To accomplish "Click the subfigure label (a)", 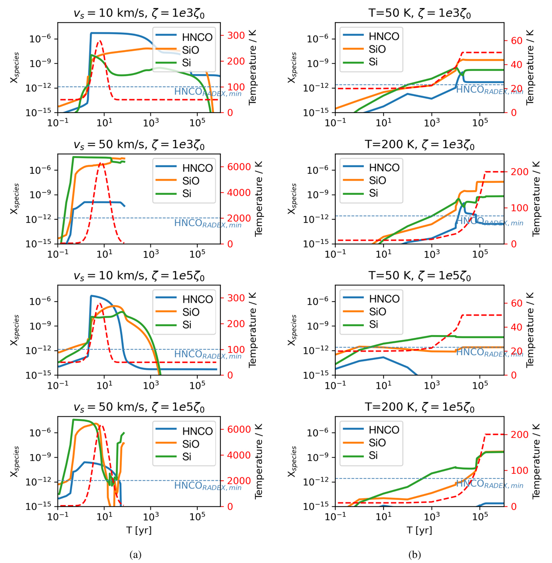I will point(135,555).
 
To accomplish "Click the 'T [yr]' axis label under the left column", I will point(139,530).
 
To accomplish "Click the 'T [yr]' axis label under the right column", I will point(417,530).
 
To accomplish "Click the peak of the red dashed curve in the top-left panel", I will point(99,41).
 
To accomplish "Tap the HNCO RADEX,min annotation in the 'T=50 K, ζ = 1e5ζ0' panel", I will point(489,353).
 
